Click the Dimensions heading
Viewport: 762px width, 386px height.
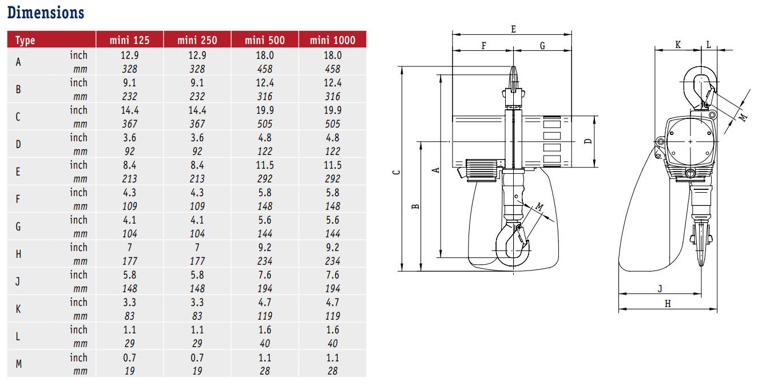(x=46, y=13)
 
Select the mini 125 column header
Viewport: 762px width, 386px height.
(x=129, y=40)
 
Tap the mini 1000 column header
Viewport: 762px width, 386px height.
(x=332, y=40)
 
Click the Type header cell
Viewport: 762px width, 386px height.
(x=25, y=41)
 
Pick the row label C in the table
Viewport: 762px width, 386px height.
(x=18, y=117)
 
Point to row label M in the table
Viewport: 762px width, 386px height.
(x=19, y=364)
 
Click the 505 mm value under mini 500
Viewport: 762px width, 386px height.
(x=265, y=124)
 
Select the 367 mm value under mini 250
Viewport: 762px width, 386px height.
(x=197, y=124)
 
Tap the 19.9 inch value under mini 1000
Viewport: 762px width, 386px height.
(x=332, y=110)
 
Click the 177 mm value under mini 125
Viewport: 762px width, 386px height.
(x=129, y=261)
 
